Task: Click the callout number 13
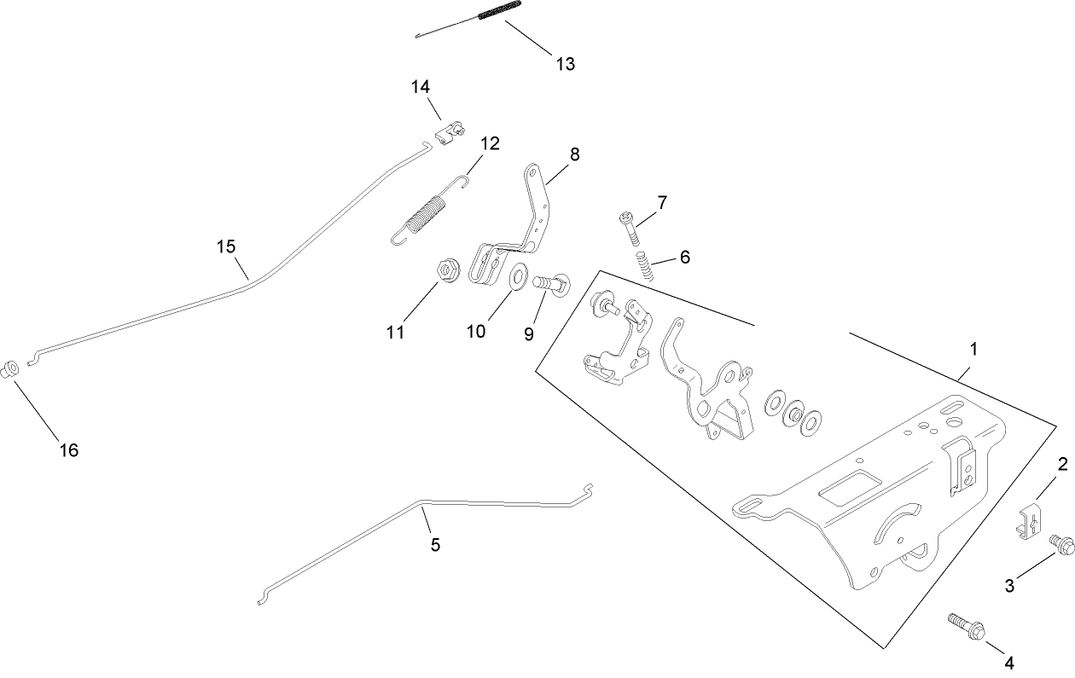[x=565, y=64]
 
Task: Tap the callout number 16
[x=68, y=449]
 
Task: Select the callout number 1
[x=973, y=350]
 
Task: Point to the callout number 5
[x=435, y=545]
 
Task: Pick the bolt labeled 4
[x=967, y=627]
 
